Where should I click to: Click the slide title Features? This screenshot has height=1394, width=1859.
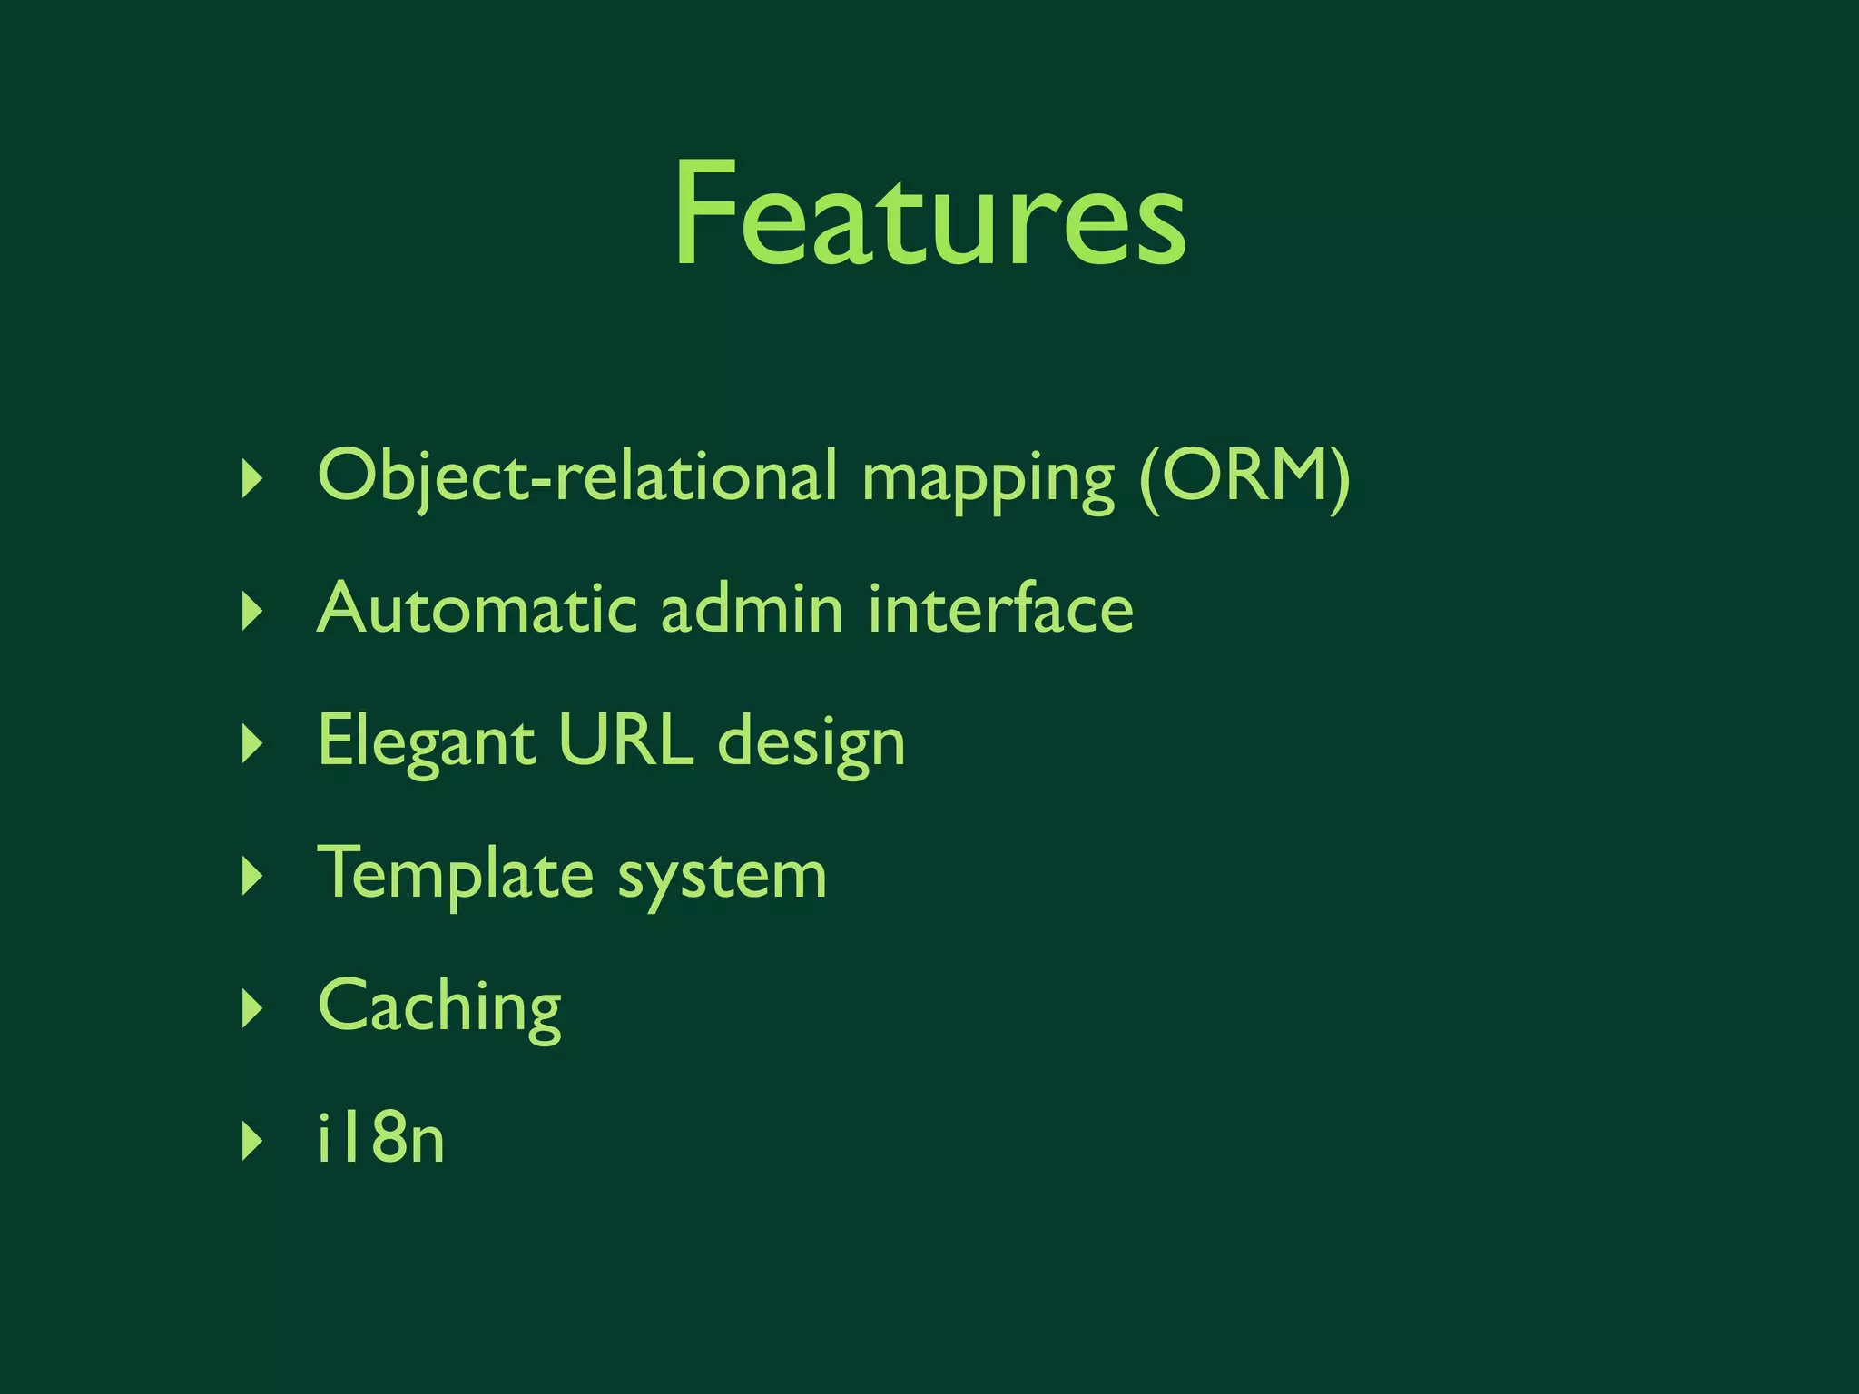pos(929,216)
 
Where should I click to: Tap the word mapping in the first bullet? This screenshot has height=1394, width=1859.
pos(988,479)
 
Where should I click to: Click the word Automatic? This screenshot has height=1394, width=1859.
pos(477,608)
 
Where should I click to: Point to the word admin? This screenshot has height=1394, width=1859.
pos(752,608)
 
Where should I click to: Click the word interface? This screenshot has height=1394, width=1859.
pos(1000,608)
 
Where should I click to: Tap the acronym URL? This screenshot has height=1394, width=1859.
pos(625,740)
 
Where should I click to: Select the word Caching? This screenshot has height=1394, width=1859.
pos(439,1007)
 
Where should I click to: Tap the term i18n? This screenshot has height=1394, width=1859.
pos(380,1138)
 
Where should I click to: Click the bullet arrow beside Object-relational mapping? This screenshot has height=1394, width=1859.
pos(252,478)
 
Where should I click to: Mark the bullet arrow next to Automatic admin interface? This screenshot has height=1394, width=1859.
pos(252,611)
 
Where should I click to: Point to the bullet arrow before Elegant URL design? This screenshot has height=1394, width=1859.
pos(252,743)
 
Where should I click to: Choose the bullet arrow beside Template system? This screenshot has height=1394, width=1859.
pos(252,876)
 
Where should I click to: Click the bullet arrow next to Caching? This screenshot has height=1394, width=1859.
pos(252,1008)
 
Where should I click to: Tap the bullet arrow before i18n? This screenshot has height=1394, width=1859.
pos(252,1141)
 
